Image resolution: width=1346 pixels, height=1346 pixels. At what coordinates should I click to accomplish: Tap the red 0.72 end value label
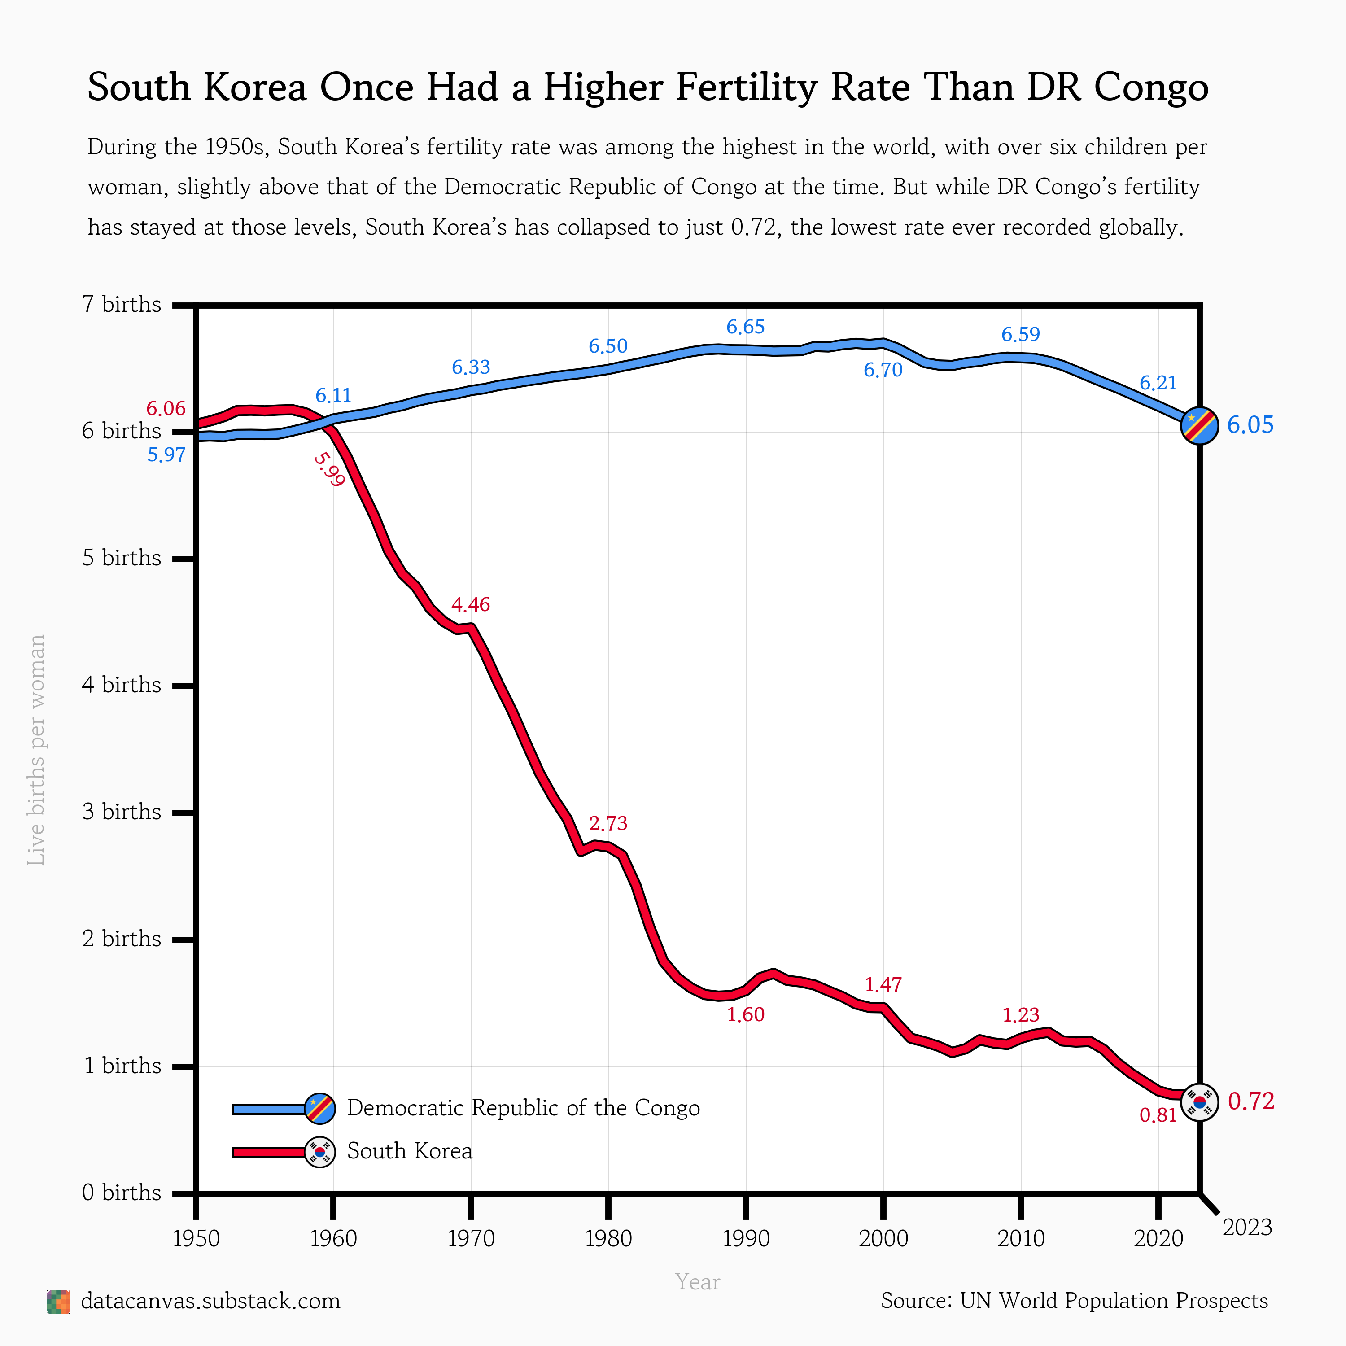click(1250, 1101)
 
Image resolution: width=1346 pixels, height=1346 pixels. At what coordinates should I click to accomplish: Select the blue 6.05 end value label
click(1250, 425)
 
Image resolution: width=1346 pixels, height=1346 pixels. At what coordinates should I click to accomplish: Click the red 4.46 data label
click(471, 604)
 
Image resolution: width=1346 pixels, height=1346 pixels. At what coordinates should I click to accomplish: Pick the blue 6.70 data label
click(883, 370)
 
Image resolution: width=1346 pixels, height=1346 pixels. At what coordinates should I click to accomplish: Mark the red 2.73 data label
click(608, 823)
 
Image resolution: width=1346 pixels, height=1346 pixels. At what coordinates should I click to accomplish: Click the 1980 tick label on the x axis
click(608, 1239)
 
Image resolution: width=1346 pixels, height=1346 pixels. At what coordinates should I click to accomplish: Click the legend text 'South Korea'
click(410, 1151)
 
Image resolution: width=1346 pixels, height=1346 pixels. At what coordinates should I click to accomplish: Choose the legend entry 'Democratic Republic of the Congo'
click(523, 1108)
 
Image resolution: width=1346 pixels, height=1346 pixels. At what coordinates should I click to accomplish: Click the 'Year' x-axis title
click(697, 1282)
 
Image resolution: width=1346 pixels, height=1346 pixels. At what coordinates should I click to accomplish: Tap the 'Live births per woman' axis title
click(36, 750)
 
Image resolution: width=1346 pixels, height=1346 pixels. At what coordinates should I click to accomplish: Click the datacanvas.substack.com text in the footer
click(210, 1301)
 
